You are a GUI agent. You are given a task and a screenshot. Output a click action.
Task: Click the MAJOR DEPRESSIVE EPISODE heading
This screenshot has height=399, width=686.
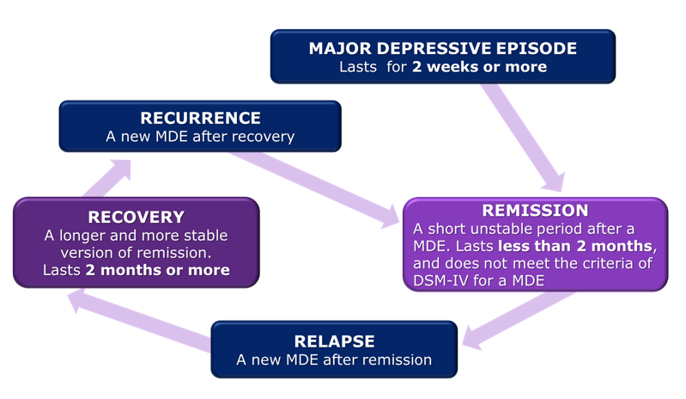[442, 48]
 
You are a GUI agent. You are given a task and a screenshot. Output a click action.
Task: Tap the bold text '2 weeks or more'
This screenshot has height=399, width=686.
[479, 67]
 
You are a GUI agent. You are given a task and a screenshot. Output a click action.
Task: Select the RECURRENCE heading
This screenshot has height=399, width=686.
[200, 118]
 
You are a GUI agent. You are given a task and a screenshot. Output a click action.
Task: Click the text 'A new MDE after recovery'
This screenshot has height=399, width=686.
[200, 137]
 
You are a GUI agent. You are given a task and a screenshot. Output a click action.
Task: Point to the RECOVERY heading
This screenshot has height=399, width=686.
[136, 217]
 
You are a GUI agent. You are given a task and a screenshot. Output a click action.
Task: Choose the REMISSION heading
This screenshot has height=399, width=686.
[535, 211]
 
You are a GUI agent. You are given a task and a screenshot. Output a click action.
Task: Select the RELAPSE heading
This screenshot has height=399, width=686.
[334, 341]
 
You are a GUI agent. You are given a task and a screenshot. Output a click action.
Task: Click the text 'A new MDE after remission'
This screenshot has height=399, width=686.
[334, 360]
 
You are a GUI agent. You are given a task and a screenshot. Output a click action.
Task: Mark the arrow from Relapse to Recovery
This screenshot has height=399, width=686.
[137, 319]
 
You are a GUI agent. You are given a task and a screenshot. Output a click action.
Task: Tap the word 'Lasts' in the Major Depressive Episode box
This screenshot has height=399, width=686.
[358, 67]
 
